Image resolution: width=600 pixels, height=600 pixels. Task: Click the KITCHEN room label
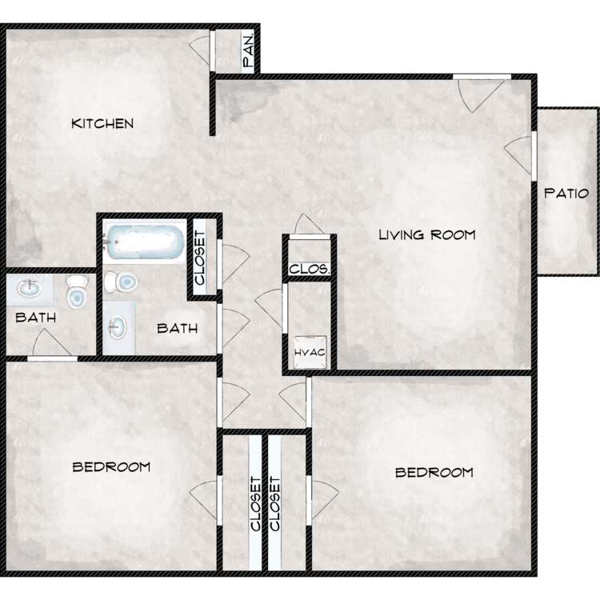tap(102, 123)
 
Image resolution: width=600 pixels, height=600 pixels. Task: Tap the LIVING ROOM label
tap(427, 234)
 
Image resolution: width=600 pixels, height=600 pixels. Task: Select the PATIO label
tap(566, 194)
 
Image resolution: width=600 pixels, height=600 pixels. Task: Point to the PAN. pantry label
tap(248, 51)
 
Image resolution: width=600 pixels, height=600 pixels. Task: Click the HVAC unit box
tap(310, 352)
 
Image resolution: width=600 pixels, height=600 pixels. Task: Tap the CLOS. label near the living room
tap(309, 269)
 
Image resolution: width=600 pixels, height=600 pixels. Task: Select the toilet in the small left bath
tap(77, 291)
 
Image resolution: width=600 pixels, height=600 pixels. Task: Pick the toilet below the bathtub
tap(121, 282)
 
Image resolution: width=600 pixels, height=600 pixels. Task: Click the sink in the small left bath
tap(29, 288)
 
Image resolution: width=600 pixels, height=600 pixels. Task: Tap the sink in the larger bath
tap(117, 327)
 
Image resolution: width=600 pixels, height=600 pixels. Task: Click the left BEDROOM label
tap(111, 467)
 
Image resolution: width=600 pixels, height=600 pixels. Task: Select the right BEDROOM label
tap(434, 473)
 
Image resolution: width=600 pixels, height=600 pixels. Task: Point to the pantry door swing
tap(200, 51)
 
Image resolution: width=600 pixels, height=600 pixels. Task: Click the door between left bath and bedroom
tap(52, 344)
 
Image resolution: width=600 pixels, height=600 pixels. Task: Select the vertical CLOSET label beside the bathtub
tap(200, 258)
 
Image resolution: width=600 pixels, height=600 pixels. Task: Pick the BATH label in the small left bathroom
tap(35, 318)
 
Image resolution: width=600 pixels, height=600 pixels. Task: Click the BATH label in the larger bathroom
tap(177, 328)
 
